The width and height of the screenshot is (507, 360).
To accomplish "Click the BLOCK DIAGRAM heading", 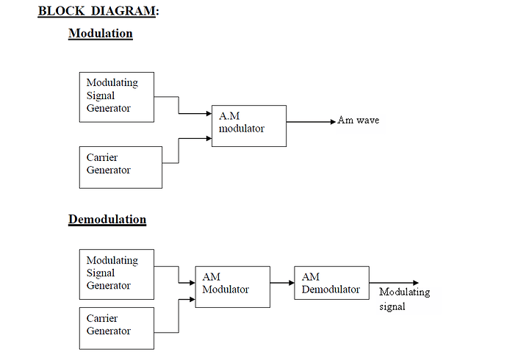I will tap(98, 11).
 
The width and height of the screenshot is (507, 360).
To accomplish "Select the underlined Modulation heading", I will tap(101, 34).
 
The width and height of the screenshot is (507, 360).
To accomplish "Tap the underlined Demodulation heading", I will tap(107, 220).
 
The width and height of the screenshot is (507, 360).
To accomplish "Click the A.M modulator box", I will tap(249, 126).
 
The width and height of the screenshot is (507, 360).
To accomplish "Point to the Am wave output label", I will tap(359, 120).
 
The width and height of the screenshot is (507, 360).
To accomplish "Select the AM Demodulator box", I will tap(331, 284).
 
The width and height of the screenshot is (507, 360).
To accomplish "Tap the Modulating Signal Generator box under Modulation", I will tap(117, 97).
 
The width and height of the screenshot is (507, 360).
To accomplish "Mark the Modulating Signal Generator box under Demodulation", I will tap(117, 274).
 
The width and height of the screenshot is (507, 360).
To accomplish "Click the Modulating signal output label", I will tap(404, 299).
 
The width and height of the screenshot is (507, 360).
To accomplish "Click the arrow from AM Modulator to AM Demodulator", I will tap(281, 282).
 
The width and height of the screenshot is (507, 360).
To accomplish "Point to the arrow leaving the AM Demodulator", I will tap(393, 283).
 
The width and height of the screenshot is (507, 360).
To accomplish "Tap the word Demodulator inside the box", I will tap(331, 289).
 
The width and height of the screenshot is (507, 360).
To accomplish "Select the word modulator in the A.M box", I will tap(242, 129).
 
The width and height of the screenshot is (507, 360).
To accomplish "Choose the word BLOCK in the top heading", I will tap(60, 11).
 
